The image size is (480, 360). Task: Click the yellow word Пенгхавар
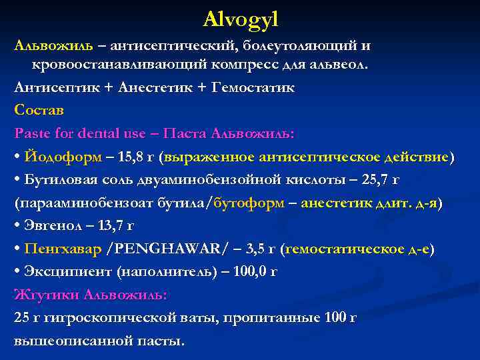[x=63, y=249]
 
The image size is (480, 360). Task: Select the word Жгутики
[x=43, y=295]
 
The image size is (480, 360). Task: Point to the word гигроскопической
[x=106, y=319]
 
